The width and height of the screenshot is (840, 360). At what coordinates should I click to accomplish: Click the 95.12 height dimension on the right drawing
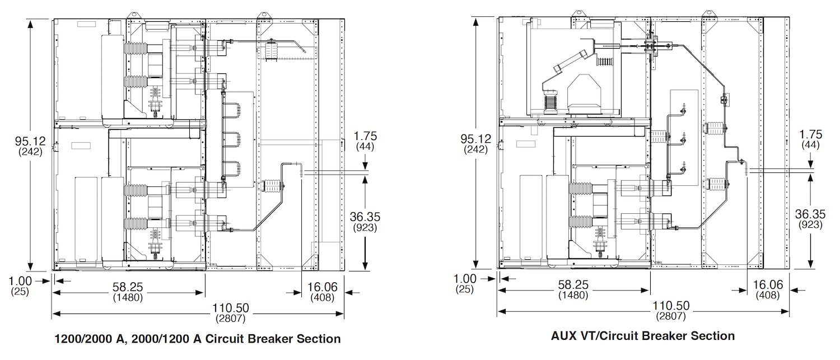tap(475, 138)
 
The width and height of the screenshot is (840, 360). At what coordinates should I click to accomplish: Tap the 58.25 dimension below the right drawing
tap(573, 285)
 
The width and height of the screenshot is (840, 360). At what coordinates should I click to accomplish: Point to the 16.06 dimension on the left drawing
tap(323, 287)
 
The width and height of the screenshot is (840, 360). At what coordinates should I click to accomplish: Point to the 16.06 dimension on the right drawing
tap(768, 285)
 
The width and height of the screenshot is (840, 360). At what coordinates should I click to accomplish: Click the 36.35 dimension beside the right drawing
tap(810, 214)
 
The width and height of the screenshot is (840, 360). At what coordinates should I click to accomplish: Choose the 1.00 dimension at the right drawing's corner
tap(465, 279)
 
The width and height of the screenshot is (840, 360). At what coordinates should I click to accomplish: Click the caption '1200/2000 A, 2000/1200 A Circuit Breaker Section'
tap(197, 339)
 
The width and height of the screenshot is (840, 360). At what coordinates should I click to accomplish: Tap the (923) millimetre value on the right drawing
tap(810, 225)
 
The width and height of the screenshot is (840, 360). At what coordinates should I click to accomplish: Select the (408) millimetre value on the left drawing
tap(323, 297)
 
